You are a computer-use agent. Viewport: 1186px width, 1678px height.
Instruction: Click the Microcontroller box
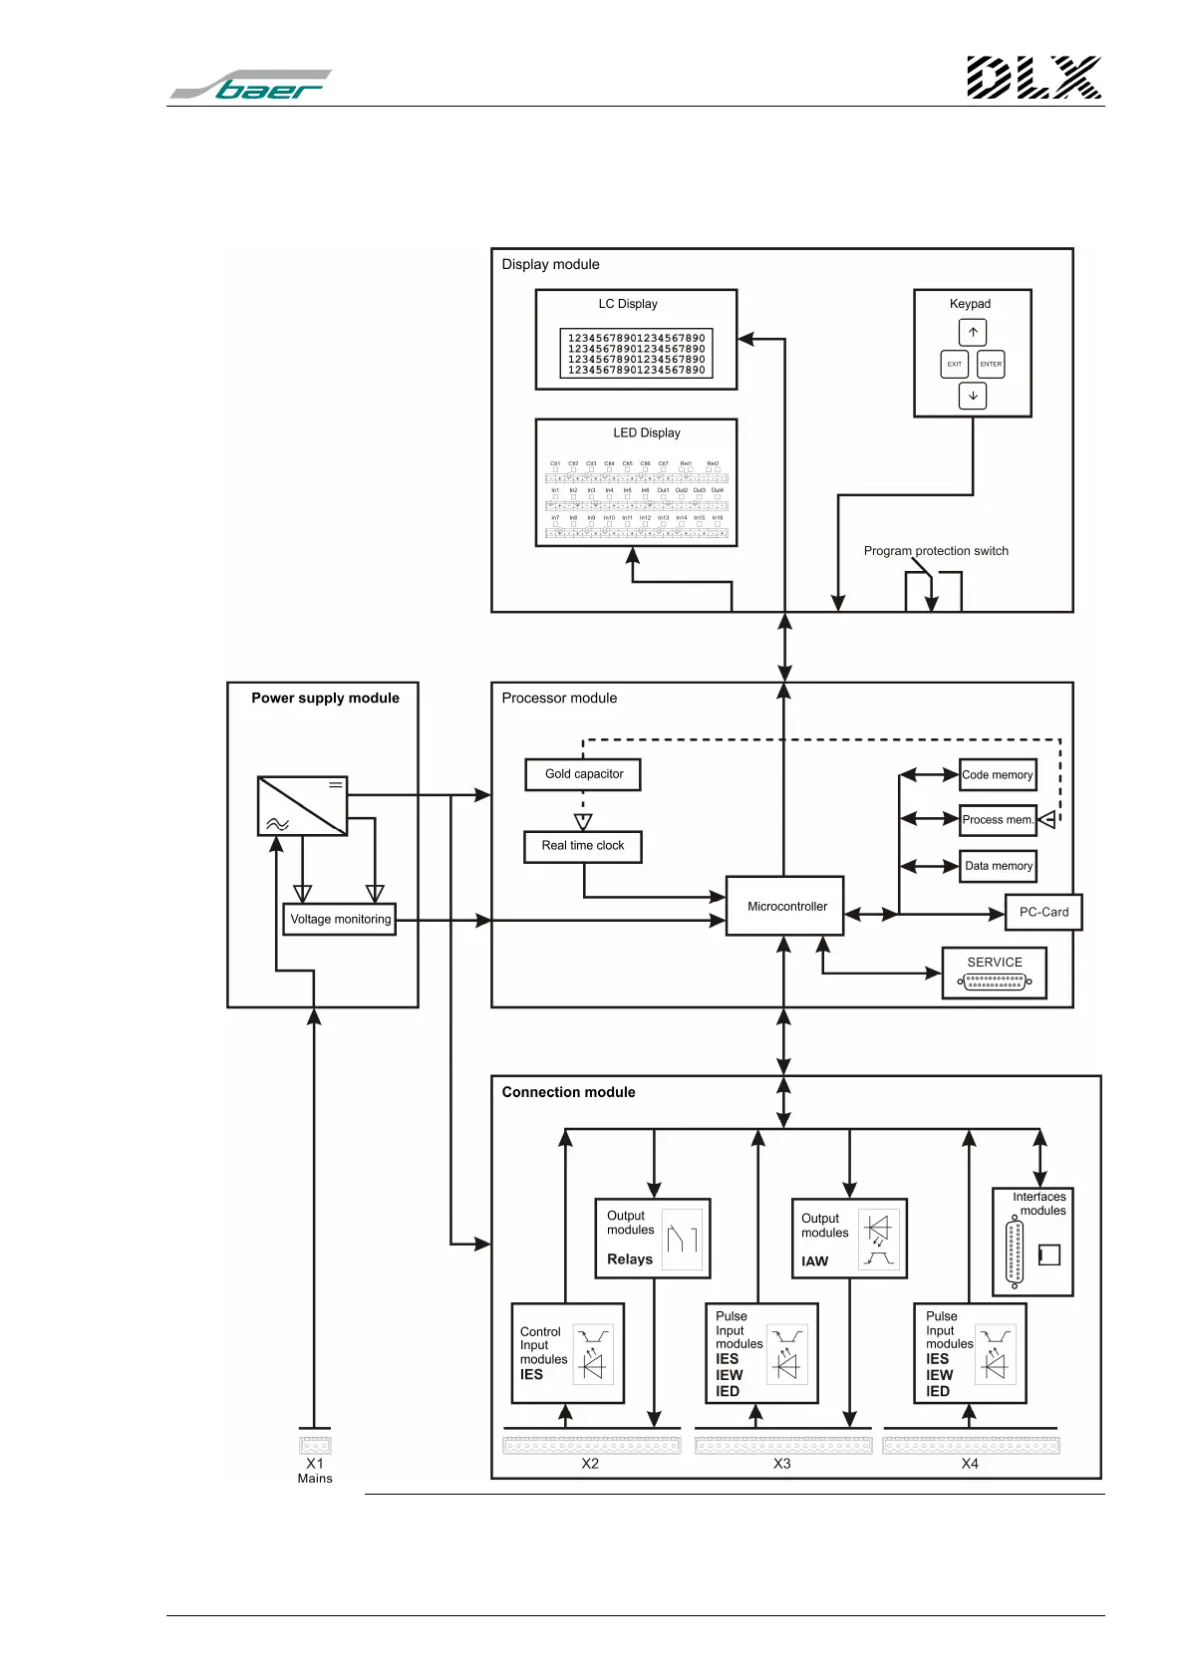(784, 906)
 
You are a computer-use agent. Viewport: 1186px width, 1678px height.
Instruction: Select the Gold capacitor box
(583, 774)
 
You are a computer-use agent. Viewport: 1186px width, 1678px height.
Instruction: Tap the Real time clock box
(583, 846)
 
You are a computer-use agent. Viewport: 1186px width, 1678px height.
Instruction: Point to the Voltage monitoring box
(340, 919)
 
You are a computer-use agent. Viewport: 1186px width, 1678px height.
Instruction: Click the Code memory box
(998, 774)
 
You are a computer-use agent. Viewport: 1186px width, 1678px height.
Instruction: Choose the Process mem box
(998, 819)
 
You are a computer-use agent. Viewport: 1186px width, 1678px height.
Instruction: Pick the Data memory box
(999, 866)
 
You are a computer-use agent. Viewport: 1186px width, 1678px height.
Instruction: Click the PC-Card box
(1043, 912)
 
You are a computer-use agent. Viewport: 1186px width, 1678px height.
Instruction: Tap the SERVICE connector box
(995, 973)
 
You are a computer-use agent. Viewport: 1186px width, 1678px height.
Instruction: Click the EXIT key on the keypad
(955, 364)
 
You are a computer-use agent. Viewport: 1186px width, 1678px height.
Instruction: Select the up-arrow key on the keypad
(973, 332)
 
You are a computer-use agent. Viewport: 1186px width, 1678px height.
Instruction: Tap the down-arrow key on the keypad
(973, 396)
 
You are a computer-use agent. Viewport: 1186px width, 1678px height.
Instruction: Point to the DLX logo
(1034, 78)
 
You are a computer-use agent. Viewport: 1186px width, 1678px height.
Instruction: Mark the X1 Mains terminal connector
(315, 1444)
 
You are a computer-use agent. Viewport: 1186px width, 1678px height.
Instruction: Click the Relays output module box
(652, 1239)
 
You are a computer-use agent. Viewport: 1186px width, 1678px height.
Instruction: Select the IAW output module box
(849, 1239)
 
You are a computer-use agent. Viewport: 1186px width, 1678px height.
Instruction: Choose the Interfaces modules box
(1033, 1242)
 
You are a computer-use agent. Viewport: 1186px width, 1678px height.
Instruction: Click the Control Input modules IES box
(567, 1353)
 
